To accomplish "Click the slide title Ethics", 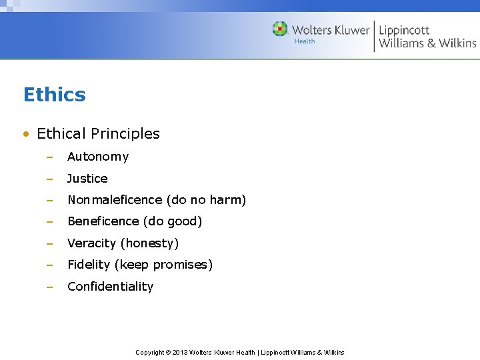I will [54, 95].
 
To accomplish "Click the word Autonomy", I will [98, 157].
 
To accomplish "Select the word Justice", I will [87, 179].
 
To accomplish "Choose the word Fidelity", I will [89, 265].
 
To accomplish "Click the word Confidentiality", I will [110, 287].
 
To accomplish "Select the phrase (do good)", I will [173, 221].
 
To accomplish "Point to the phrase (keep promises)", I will [163, 265].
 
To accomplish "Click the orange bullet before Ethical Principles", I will [25, 134].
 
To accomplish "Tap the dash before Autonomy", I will [49, 157].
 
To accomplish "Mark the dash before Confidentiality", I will [49, 287].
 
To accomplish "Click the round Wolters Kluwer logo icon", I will [280, 29].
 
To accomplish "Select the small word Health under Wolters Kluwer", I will [304, 41].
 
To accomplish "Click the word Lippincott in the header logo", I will [404, 30].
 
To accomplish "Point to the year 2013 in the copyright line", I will [180, 353].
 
